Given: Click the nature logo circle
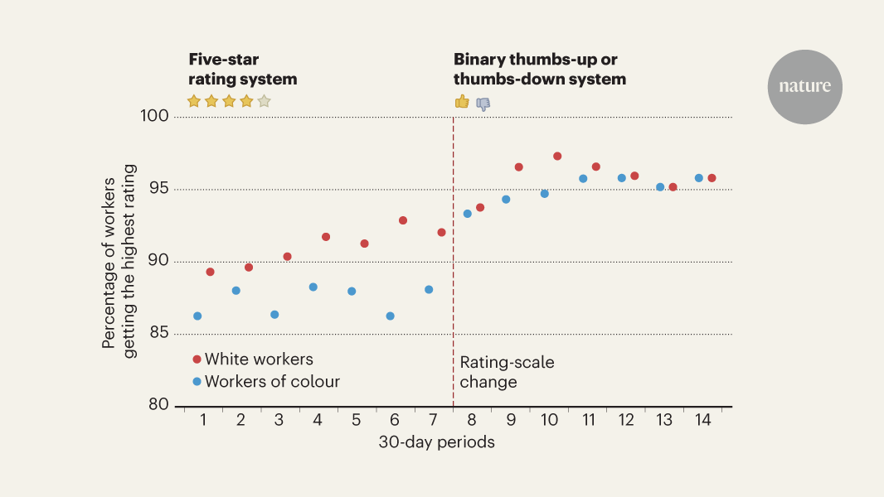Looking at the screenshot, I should pos(804,87).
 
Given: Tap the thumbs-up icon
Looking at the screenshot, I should pos(462,102).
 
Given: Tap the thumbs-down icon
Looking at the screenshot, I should pos(483,104).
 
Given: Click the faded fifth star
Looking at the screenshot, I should pos(264,101).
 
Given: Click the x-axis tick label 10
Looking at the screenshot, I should pos(549,420).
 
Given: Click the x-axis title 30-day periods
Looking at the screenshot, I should pos(436,442).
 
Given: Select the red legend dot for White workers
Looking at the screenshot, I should pos(197,359).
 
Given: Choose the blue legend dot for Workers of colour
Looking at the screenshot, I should pos(197,382).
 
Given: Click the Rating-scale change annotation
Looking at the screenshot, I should pos(507,372).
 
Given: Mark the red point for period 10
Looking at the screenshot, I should pos(557,156).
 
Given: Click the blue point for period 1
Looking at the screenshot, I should pos(197,316).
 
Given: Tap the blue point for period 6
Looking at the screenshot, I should pos(390,316).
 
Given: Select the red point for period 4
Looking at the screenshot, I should pos(326,237).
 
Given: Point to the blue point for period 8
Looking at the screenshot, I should pos(467,214).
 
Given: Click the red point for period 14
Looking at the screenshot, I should pos(712,178).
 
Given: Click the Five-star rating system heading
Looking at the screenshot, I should pos(242,70).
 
